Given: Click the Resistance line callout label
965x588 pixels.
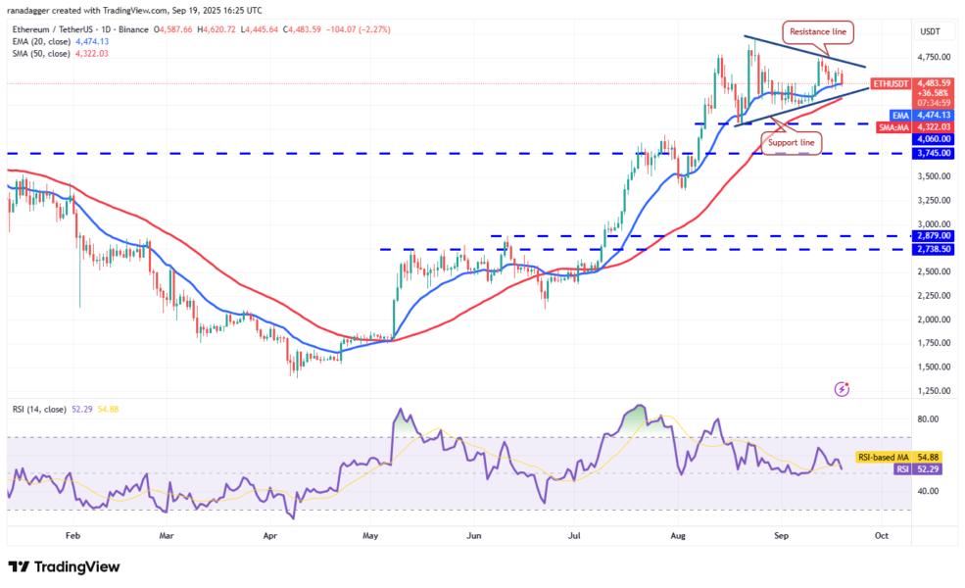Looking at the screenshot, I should tap(820, 31).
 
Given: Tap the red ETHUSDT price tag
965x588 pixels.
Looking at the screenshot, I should tap(893, 83).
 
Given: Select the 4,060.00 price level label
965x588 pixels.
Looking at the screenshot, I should tap(933, 139).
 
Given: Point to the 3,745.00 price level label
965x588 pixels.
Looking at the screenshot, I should tap(933, 153).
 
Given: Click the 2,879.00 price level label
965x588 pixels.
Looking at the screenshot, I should tap(933, 235).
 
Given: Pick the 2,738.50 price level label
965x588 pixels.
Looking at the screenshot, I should tap(933, 249).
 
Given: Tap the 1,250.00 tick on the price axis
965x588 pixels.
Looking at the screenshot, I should tap(933, 390).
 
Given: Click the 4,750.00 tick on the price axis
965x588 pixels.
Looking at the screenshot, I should tap(933, 57).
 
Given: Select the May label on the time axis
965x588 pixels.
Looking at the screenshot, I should tap(369, 536).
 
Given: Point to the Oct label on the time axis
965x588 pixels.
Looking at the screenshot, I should tap(881, 536).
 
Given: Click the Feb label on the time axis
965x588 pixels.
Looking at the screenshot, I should tap(72, 536).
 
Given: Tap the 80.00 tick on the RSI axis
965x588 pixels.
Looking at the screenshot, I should tap(927, 418).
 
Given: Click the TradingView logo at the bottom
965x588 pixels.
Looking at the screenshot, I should tap(64, 566).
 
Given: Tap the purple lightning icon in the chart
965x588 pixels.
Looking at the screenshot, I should tap(842, 389).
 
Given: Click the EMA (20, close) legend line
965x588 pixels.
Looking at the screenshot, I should tap(53, 40).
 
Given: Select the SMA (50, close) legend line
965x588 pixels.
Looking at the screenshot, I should tap(53, 53).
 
